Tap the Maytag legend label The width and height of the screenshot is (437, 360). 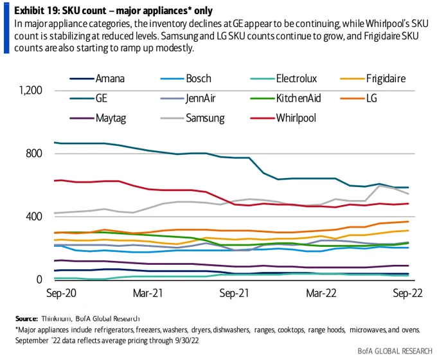pyautogui.click(x=111, y=118)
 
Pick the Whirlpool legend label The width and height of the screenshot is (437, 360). pyautogui.click(x=296, y=118)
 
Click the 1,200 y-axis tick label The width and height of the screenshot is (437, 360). pyautogui.click(x=30, y=91)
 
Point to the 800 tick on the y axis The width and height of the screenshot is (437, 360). pyautogui.click(x=34, y=154)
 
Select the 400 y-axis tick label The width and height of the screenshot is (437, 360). pyautogui.click(x=34, y=217)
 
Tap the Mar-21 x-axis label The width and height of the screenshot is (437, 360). pyautogui.click(x=148, y=293)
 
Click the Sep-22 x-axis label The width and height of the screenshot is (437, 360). pyautogui.click(x=407, y=293)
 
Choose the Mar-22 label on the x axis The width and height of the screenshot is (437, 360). pyautogui.click(x=321, y=293)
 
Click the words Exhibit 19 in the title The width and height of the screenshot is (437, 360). pyautogui.click(x=36, y=11)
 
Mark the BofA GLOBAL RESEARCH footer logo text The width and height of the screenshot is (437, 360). pyautogui.click(x=395, y=351)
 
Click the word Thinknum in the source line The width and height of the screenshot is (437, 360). pyautogui.click(x=56, y=318)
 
